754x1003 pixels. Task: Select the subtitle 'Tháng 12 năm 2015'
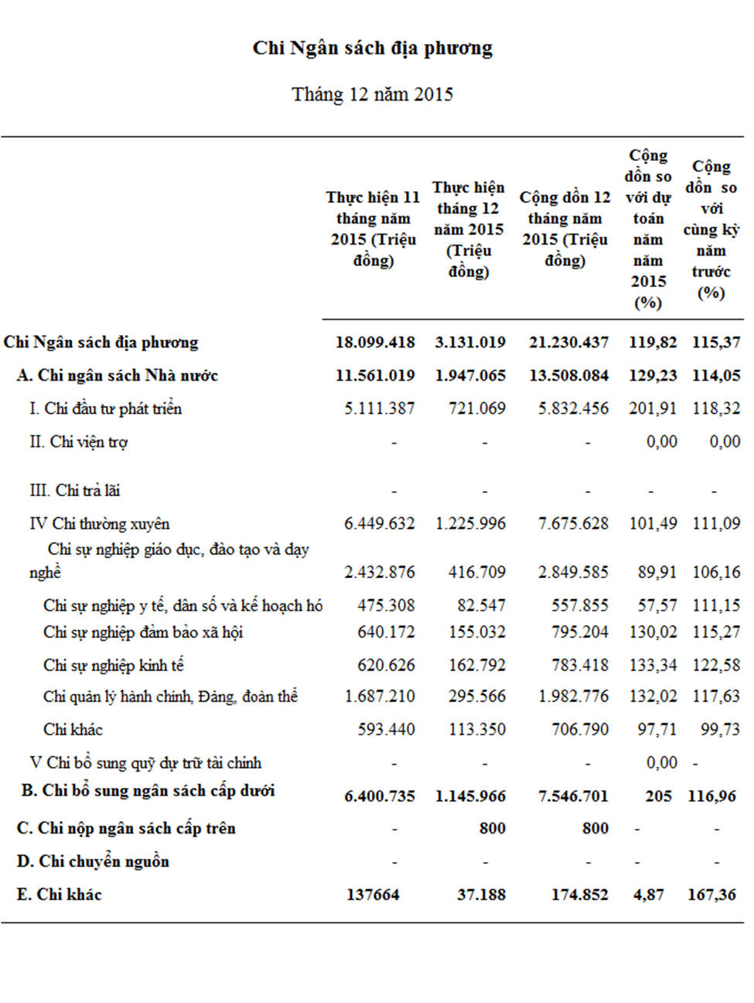pos(373,94)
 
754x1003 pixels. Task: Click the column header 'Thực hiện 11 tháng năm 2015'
pos(374,228)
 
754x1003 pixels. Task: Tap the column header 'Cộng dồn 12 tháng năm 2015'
pos(565,228)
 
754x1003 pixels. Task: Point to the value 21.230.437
pos(568,342)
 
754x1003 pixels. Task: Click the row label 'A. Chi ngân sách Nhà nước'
pos(118,375)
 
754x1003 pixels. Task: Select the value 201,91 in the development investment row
pos(653,409)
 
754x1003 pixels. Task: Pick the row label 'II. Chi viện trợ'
pos(79,443)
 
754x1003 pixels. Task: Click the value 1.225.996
pos(470,524)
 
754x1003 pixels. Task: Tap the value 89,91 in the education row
pos(657,573)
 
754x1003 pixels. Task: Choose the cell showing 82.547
pos(482,606)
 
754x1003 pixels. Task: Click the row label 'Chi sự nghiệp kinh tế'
pos(113,666)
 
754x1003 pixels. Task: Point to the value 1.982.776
pos(573,697)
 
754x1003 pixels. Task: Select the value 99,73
pos(720,729)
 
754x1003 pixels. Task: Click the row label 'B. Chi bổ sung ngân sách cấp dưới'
pos(148,791)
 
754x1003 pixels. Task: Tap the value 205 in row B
pos(658,796)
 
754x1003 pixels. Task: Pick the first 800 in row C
pos(492,828)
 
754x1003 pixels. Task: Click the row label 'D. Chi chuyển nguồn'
pos(93,862)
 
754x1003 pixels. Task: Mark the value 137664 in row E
pos(373,895)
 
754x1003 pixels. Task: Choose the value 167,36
pos(712,895)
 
